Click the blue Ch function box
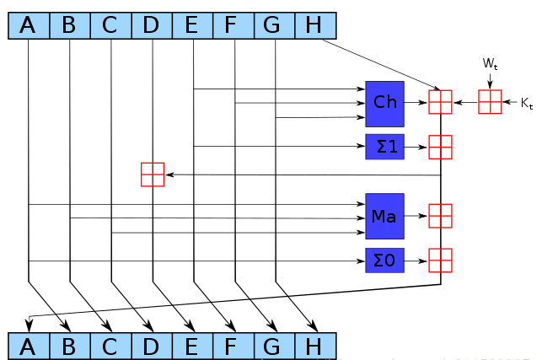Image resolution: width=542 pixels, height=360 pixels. click(384, 102)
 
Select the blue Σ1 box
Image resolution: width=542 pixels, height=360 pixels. click(384, 147)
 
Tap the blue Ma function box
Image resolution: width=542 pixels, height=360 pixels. click(384, 216)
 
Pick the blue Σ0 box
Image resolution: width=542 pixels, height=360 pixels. click(384, 261)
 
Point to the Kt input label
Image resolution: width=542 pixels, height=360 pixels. click(526, 103)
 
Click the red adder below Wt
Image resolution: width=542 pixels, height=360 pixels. click(490, 102)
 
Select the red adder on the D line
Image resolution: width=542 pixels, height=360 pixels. click(153, 175)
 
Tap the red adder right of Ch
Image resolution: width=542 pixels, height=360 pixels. click(440, 102)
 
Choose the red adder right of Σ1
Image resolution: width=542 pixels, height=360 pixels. click(440, 147)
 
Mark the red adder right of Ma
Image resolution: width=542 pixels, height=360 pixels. click(440, 216)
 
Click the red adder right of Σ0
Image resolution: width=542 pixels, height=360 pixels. click(440, 261)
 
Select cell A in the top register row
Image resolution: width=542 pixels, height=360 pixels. click(29, 26)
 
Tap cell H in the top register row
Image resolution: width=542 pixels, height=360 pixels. click(314, 26)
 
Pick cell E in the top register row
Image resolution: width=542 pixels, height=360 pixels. click(192, 26)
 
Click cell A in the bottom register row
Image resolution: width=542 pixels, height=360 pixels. click(29, 346)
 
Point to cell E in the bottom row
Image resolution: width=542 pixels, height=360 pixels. click(192, 346)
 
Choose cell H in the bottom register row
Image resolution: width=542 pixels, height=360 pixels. click(314, 346)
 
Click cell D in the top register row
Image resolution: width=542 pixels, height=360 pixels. click(152, 26)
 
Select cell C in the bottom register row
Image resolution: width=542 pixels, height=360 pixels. click(110, 346)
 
